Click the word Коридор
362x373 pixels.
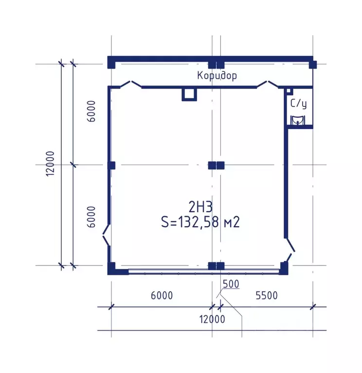[217, 76]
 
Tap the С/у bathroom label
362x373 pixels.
[298, 104]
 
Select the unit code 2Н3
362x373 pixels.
[200, 207]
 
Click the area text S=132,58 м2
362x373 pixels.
[200, 222]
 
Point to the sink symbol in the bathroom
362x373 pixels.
[297, 120]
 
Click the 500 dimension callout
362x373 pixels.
[231, 284]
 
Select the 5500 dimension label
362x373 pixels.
[267, 296]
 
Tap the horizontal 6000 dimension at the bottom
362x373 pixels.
[162, 296]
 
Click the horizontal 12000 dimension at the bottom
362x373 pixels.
[212, 319]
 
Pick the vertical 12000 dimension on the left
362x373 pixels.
[51, 163]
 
